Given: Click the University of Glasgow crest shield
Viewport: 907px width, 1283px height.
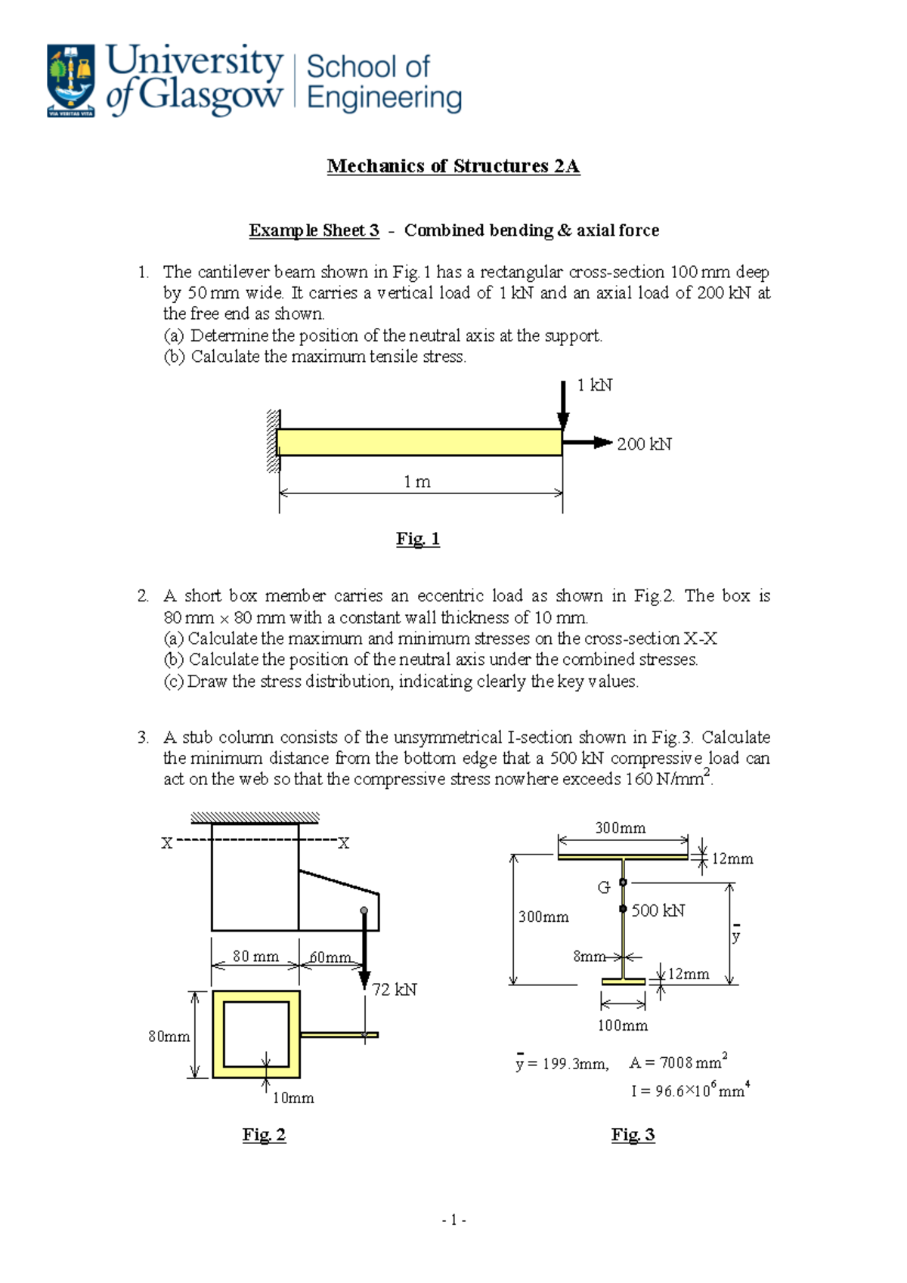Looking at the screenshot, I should click(71, 79).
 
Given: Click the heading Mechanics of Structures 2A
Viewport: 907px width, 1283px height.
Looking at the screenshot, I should click(453, 166).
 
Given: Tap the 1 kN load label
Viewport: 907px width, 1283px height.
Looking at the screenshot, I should click(594, 385).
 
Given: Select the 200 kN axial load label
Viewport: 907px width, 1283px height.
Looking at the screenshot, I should click(644, 444).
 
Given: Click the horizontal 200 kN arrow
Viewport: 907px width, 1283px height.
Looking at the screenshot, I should click(587, 443).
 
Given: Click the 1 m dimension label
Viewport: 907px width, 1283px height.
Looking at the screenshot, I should click(416, 482).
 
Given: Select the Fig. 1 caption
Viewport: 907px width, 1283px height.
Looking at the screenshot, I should click(418, 539).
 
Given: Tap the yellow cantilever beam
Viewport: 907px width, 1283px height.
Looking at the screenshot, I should click(419, 442).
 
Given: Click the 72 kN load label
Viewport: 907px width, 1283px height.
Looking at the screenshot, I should click(395, 990).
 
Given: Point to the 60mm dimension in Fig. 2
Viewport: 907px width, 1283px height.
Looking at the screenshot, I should click(330, 957).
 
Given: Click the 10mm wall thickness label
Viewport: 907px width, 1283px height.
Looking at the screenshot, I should click(293, 1098).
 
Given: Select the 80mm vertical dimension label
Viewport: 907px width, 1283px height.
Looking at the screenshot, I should click(169, 1037).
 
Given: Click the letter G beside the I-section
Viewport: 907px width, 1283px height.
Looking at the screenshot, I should click(603, 888).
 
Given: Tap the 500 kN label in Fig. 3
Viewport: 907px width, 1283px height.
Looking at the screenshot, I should click(658, 910).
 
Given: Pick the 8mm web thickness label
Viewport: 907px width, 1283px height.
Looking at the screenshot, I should click(589, 957).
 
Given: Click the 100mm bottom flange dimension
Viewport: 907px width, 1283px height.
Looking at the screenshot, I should click(623, 1025).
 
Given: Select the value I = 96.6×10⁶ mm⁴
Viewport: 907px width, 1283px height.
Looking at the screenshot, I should click(690, 1090).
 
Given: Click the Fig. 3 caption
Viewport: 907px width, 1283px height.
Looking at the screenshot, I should click(633, 1135).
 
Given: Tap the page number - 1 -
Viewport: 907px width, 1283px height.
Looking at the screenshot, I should click(453, 1220).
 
